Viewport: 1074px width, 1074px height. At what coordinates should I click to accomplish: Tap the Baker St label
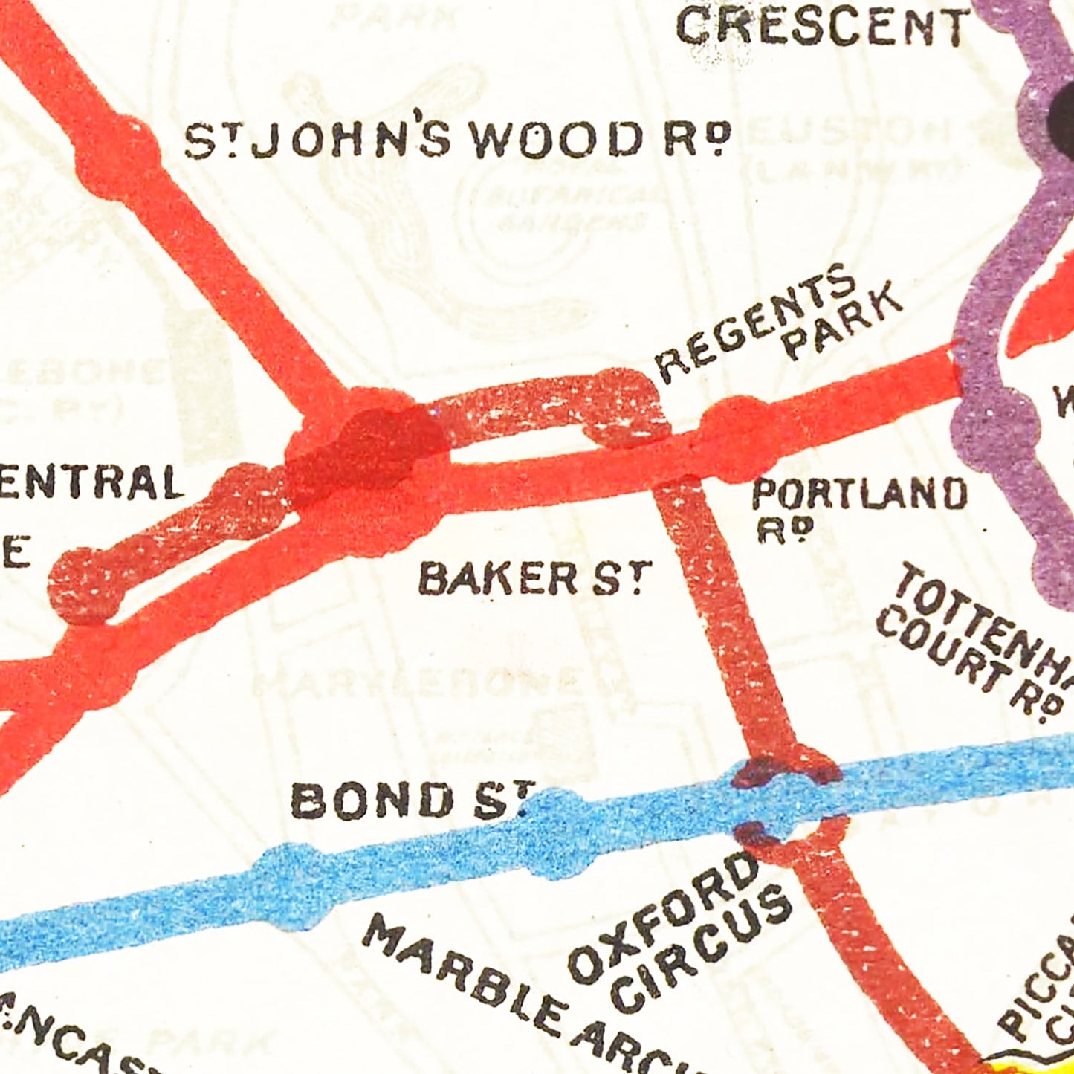tap(534, 578)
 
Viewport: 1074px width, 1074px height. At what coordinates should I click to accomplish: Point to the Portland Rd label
tap(858, 505)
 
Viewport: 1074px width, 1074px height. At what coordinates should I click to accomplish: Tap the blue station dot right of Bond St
tap(557, 832)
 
